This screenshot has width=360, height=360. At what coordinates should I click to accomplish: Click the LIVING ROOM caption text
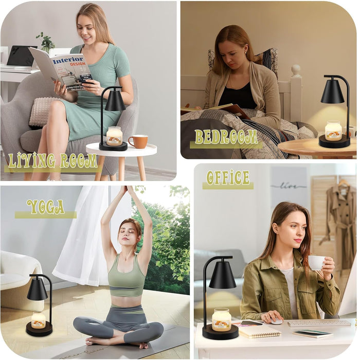(52, 161)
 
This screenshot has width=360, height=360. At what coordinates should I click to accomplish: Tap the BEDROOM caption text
(226, 137)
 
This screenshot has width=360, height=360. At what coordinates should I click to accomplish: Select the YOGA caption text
(46, 207)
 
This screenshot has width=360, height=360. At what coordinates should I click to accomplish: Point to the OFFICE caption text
(228, 178)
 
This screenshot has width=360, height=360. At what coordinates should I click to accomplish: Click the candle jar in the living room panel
(114, 136)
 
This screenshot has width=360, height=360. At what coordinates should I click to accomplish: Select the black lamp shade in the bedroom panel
(332, 92)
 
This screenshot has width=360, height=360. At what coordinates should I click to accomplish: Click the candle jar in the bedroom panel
(333, 131)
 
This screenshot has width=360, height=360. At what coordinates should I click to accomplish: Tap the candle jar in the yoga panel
(39, 320)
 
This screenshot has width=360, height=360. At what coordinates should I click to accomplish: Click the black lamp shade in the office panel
(222, 276)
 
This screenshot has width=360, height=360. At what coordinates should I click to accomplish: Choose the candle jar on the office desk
(221, 319)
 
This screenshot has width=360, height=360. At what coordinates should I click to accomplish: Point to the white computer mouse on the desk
(276, 321)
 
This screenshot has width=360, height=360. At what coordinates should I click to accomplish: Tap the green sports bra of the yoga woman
(127, 280)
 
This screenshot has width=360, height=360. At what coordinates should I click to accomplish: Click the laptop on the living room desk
(21, 56)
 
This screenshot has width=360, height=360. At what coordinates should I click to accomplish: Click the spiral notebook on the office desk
(260, 331)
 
